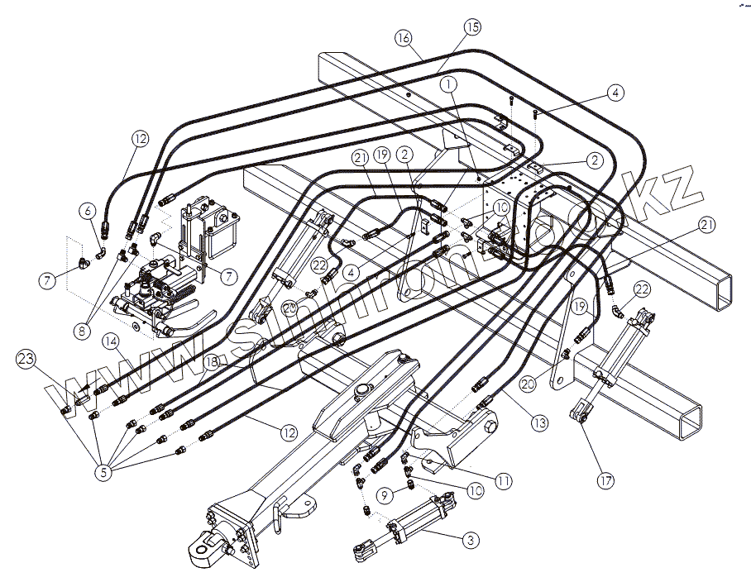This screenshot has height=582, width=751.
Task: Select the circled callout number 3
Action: (x=471, y=541)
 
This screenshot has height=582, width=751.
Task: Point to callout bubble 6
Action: (x=88, y=211)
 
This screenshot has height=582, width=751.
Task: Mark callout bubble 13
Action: (x=540, y=423)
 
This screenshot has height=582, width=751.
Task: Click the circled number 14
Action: (x=112, y=341)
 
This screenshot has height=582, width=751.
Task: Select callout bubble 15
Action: (x=471, y=27)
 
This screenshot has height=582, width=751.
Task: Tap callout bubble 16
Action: (x=403, y=38)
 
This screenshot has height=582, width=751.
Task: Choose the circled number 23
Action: (x=26, y=359)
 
